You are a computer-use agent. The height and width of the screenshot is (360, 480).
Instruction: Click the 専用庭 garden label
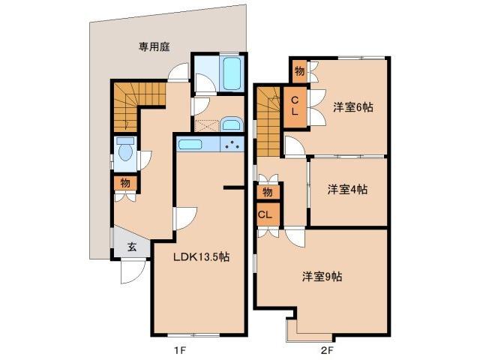point(154,46)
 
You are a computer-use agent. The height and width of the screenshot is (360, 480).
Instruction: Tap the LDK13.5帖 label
point(201,256)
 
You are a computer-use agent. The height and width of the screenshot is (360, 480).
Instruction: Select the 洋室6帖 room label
point(352,107)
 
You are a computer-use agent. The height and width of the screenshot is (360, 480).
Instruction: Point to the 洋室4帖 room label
point(347,190)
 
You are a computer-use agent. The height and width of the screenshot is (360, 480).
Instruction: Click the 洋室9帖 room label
point(322,277)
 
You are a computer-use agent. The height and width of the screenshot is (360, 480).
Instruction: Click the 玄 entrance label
point(131,246)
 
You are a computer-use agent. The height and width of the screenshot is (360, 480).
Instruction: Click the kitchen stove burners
point(234,145)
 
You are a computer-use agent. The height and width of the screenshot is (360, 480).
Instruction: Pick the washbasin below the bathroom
point(230,124)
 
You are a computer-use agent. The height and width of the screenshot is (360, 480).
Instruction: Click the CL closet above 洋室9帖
point(265,214)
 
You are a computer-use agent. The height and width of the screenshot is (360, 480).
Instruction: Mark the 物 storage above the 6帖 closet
point(298,72)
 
